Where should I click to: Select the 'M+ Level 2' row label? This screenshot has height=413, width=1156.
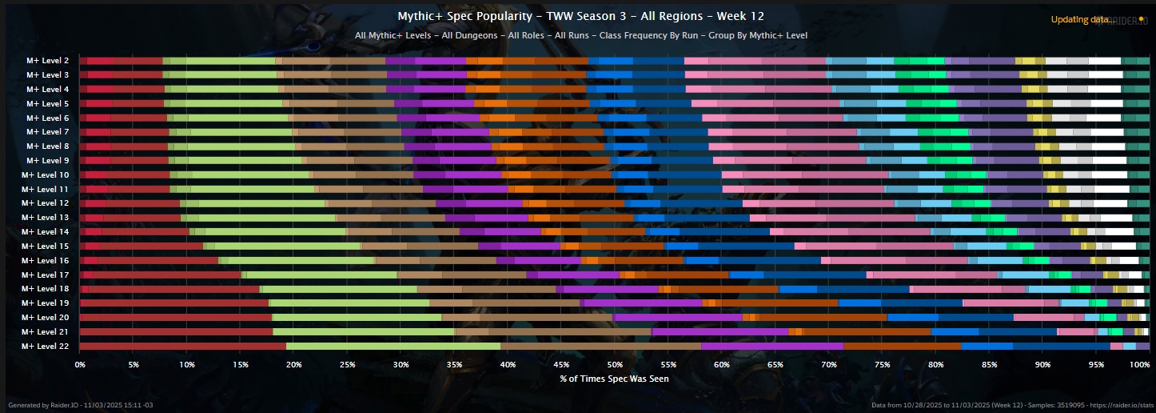point(47,61)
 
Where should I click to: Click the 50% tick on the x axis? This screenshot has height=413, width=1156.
point(614,364)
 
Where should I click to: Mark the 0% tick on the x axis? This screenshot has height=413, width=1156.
point(80,364)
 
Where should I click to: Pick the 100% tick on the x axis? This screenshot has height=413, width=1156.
point(1139,364)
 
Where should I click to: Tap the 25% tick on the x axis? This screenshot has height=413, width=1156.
point(347,364)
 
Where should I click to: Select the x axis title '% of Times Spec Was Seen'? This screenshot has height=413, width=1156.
point(614,379)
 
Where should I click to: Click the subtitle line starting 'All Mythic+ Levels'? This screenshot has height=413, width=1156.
point(580,35)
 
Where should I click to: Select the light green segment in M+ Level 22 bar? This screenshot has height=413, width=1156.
point(393,346)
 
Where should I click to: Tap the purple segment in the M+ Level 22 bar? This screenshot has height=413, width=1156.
point(772,346)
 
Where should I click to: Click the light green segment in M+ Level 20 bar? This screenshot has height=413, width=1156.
point(357,317)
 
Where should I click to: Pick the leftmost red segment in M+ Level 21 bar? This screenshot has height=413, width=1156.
point(176,331)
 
